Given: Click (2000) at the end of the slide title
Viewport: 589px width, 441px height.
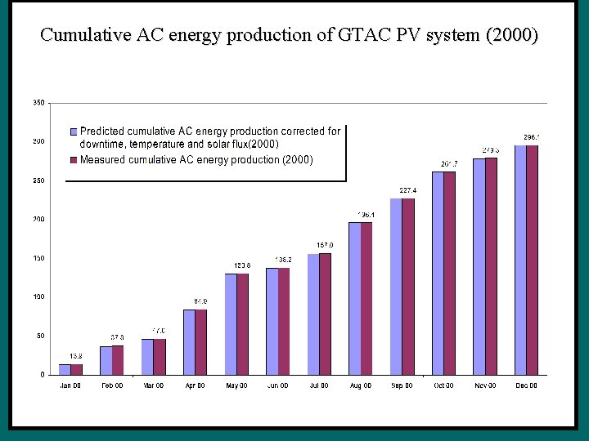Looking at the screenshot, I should (x=511, y=35).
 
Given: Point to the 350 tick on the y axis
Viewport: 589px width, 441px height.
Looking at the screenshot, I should (x=38, y=103).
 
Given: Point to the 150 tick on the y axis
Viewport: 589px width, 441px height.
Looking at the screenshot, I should (x=38, y=258).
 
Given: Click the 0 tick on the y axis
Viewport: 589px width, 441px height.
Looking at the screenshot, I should (x=43, y=375).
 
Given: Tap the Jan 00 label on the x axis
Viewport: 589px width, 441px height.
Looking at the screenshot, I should (x=70, y=385).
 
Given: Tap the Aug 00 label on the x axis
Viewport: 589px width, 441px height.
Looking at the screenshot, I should (x=361, y=385).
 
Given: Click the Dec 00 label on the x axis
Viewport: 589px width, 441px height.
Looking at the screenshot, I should (x=526, y=385).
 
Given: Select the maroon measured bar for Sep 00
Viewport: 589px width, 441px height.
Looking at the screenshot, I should (x=408, y=286).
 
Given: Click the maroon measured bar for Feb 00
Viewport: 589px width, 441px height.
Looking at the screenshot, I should (x=118, y=360).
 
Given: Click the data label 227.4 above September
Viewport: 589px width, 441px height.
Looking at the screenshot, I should (x=407, y=190).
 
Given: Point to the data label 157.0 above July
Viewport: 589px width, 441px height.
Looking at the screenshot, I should (x=325, y=245).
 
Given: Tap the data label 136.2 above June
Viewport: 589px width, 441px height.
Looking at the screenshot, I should (x=284, y=260).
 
